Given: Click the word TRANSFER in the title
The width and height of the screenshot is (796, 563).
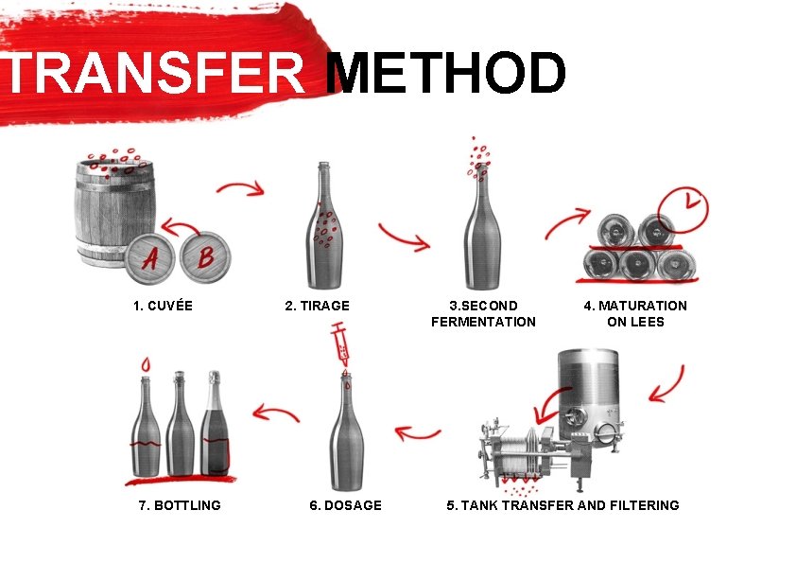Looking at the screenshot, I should point(156,74).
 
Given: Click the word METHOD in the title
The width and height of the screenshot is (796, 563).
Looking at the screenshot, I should point(444,74).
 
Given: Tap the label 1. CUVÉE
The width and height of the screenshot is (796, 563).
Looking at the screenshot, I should point(163,306).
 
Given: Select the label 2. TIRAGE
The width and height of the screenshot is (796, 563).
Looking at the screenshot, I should point(317,306).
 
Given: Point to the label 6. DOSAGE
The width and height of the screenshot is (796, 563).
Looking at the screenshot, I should point(345,505).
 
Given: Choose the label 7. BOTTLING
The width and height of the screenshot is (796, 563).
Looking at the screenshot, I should point(180,505).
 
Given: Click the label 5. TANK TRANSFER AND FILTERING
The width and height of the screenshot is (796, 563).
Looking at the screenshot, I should point(562,505).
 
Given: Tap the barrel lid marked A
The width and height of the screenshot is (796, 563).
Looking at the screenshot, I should point(150,257).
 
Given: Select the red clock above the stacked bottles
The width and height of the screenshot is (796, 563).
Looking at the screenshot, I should point(684,203).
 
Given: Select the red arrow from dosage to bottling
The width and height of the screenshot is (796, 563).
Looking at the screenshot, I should point(276,413).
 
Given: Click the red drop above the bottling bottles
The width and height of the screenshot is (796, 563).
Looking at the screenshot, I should point(145,363).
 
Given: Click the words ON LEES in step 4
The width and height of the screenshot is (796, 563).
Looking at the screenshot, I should point(635,322).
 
